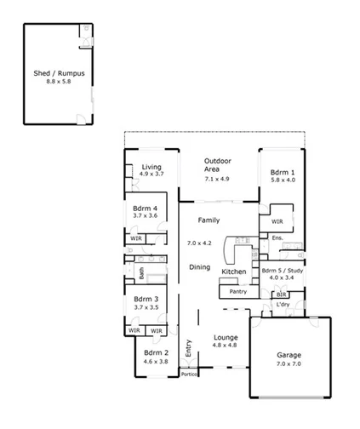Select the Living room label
pos(151,167)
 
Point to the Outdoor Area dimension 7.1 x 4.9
pos(217,179)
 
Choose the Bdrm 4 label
pos(145,209)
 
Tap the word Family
pos(209,220)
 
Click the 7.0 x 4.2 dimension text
pos(200,243)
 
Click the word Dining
pos(199,267)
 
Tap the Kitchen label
pos(234,272)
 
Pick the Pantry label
pos(238,291)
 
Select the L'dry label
pos(285,305)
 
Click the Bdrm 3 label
pos(145,299)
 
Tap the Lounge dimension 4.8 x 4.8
pos(226,345)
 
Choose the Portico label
pos(189,374)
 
